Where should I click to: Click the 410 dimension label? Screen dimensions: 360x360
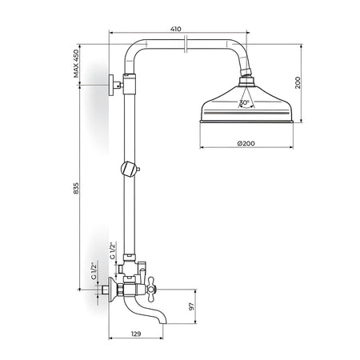tap(176, 29)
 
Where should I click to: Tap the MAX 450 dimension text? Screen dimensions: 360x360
tap(77, 63)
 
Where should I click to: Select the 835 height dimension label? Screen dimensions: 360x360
tap(77, 188)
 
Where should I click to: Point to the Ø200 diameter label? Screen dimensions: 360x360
tap(246, 143)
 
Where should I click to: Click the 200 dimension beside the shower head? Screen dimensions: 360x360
tap(298, 82)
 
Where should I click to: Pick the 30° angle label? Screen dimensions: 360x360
tap(244, 102)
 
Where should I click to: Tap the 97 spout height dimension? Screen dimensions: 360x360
tap(191, 306)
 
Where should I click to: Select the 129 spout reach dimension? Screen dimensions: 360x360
tap(136, 334)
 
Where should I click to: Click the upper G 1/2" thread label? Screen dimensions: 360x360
tap(114, 250)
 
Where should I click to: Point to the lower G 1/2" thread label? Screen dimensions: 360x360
tap(94, 270)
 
